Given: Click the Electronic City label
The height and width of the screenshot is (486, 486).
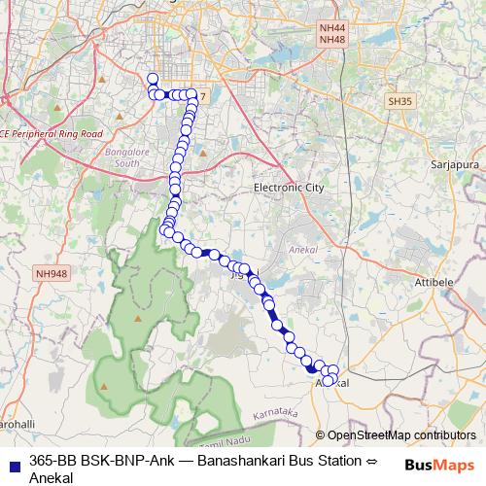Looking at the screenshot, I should (x=288, y=187).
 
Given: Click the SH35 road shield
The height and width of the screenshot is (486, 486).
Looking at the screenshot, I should (x=399, y=100).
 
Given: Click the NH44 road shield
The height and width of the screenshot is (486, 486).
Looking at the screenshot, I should (x=331, y=29).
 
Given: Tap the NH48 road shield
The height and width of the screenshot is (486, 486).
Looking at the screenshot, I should (x=331, y=40).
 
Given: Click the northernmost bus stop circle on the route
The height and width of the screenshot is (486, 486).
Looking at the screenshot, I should (x=152, y=79).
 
